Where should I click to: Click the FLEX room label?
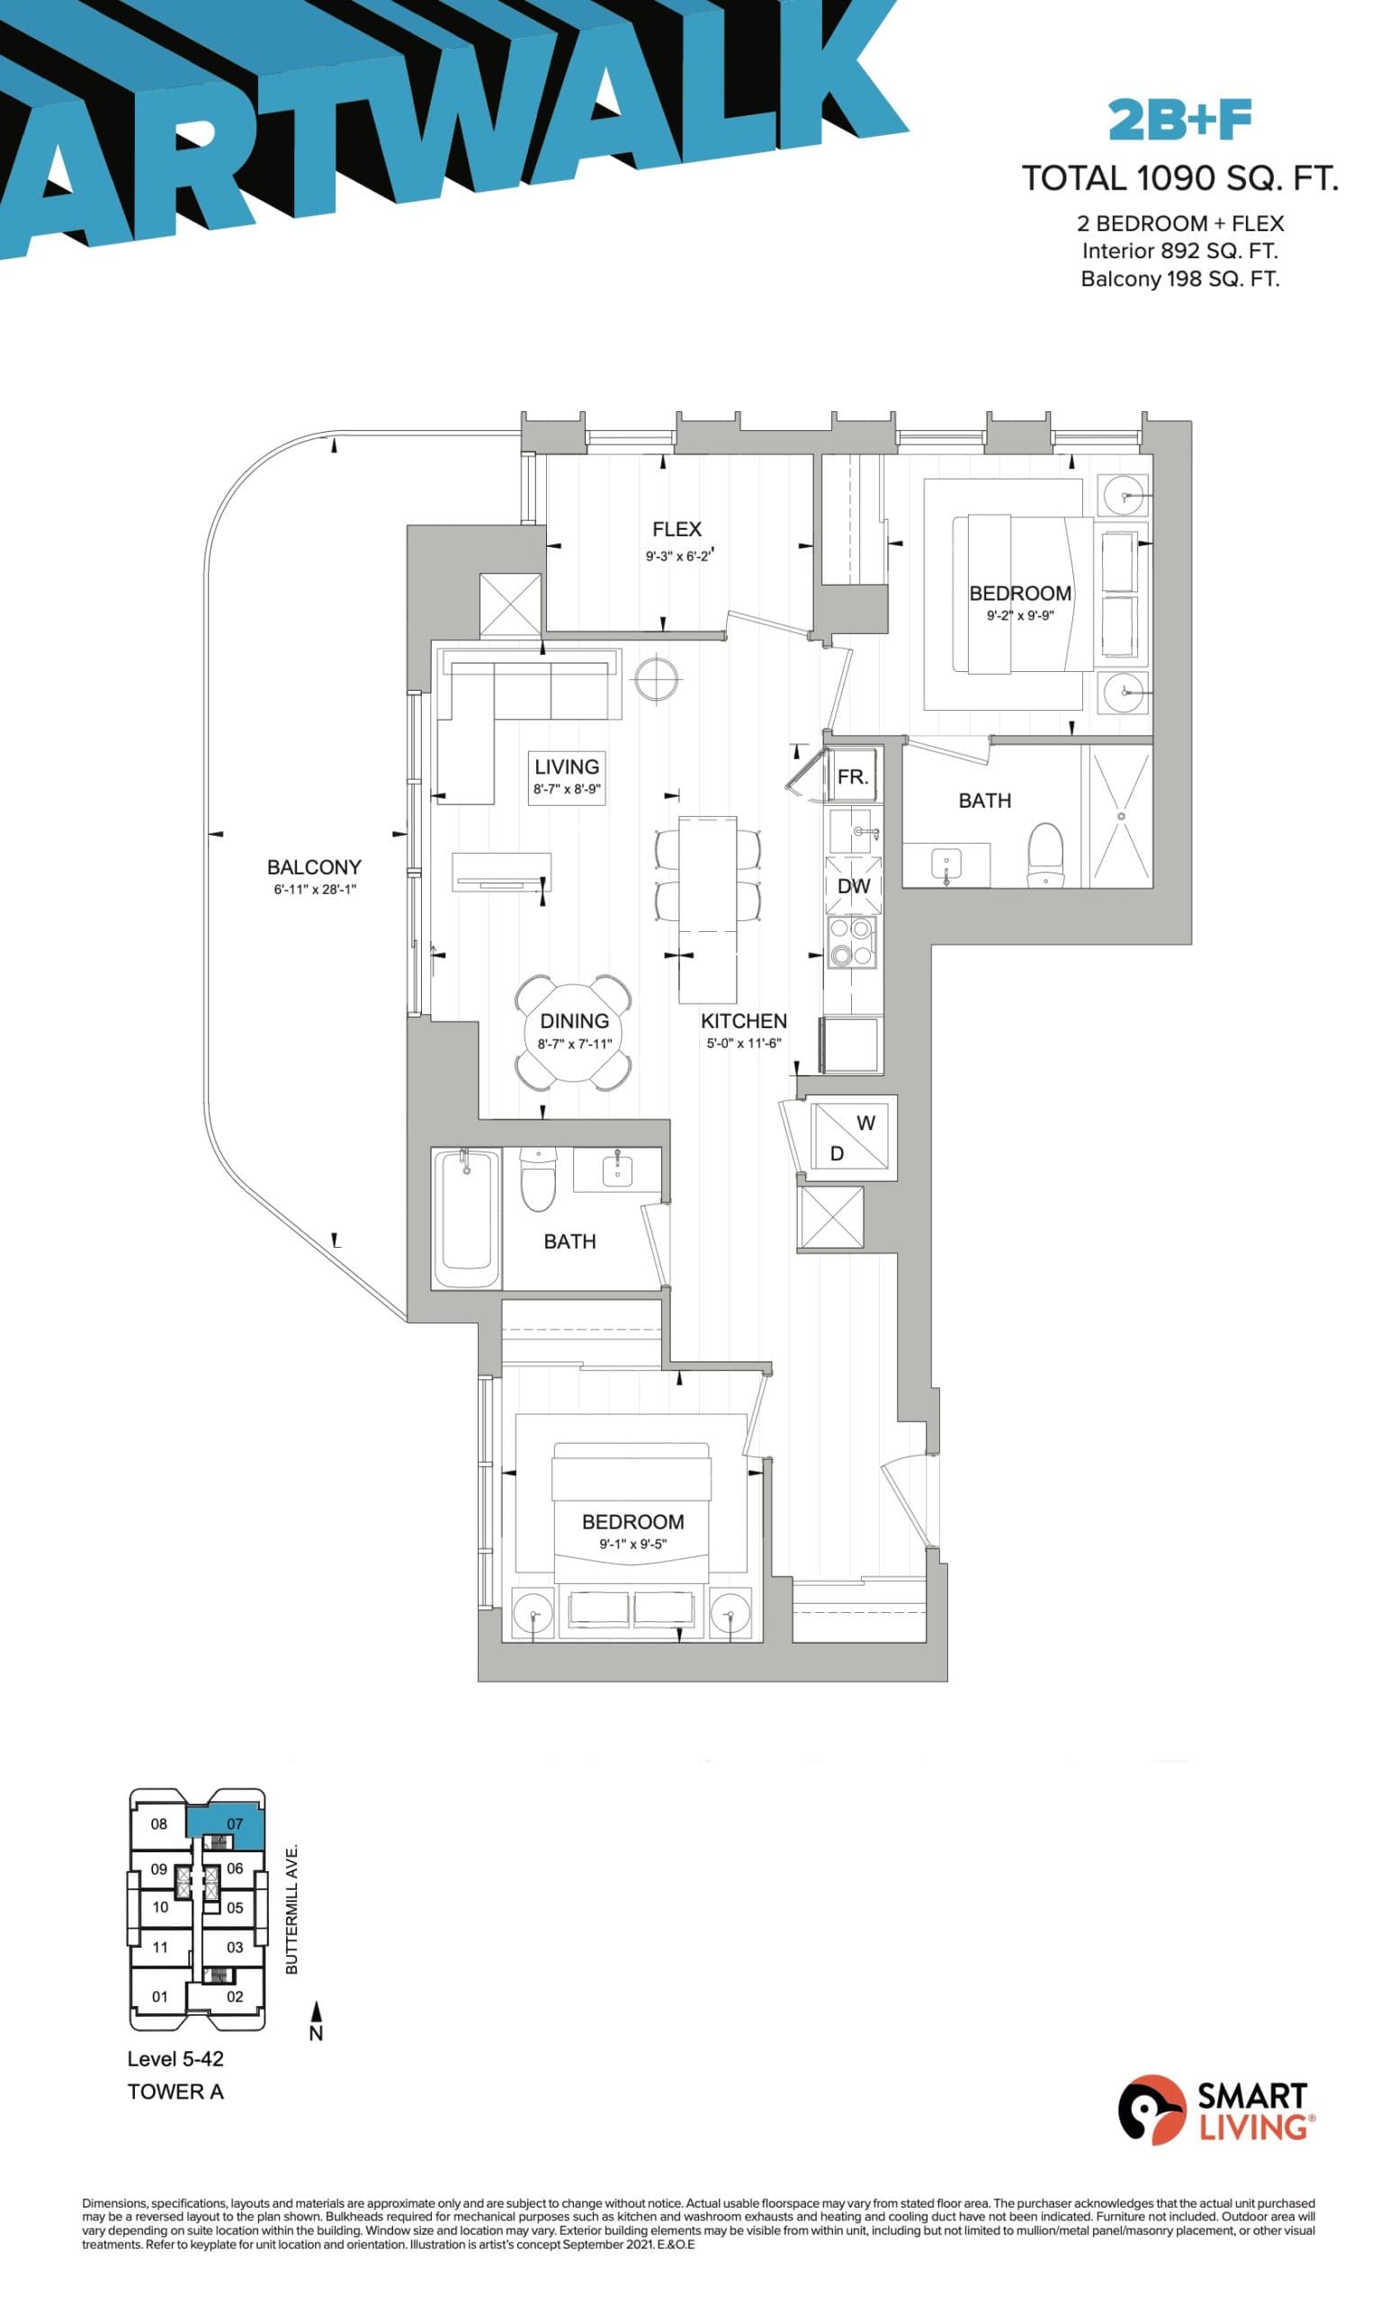tap(676, 529)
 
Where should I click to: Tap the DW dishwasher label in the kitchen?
tap(853, 885)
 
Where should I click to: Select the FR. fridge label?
tap(852, 776)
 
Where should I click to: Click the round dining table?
tap(573, 1032)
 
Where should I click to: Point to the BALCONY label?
tap(314, 866)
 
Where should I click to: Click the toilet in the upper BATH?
tap(1044, 853)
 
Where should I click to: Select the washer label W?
tap(865, 1123)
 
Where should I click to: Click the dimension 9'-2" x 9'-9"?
tap(1019, 616)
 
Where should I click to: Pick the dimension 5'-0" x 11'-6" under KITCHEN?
tap(744, 1043)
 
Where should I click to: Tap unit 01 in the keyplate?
tap(160, 1996)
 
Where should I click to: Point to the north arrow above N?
tap(316, 2010)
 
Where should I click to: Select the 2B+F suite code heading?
tap(1179, 121)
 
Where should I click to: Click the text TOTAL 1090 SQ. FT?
tap(1179, 177)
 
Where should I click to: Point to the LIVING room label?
tap(566, 766)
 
